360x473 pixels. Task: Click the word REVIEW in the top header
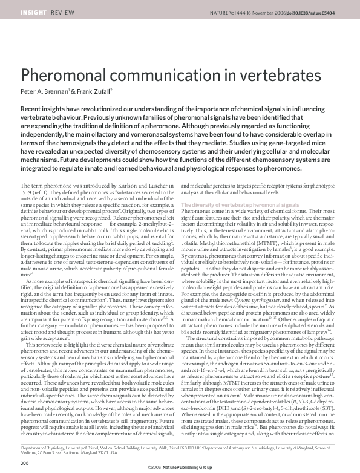[x=59, y=12]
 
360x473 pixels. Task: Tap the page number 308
[x=25, y=463]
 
